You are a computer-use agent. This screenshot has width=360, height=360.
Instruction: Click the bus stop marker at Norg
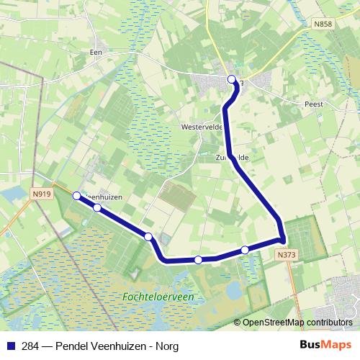(231, 80)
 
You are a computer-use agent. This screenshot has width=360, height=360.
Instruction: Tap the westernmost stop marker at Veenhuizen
(77, 195)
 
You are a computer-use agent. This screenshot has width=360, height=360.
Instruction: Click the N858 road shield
(323, 24)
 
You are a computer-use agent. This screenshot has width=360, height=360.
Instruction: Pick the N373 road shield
(286, 254)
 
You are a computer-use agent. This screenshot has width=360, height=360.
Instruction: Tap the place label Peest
(313, 104)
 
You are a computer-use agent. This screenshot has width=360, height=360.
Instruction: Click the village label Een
(94, 53)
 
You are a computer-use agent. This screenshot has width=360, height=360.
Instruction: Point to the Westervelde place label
(201, 126)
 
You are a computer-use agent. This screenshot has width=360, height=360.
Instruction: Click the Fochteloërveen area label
(170, 297)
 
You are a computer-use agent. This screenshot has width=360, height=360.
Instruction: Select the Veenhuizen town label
(103, 197)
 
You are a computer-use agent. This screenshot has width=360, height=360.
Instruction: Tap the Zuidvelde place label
(231, 156)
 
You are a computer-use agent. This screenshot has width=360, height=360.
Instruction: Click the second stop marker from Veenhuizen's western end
(96, 208)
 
